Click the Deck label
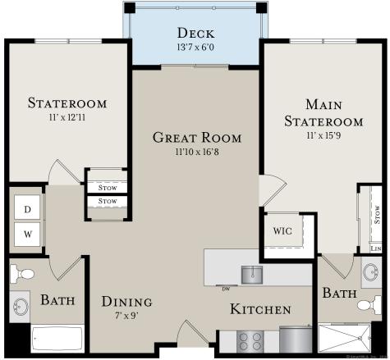(195, 34)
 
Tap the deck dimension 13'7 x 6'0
(195, 48)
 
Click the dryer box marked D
(27, 209)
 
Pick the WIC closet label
(282, 231)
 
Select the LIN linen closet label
(376, 248)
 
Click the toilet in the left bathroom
(25, 274)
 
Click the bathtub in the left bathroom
(56, 339)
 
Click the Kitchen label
(259, 309)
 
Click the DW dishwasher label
(225, 289)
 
